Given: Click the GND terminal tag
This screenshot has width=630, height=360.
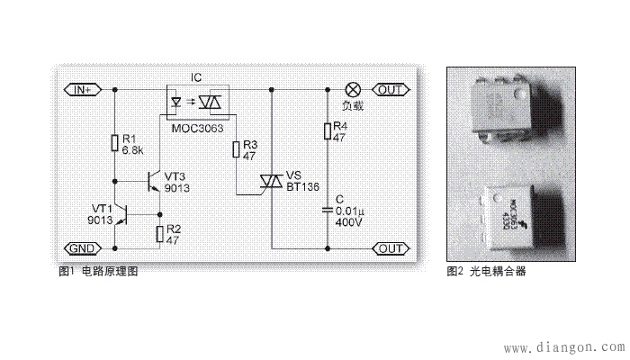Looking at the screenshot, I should pos(83,247).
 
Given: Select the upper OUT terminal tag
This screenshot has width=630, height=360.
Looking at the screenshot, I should pos(390,89).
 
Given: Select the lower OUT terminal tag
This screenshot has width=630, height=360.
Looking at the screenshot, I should pos(390,247).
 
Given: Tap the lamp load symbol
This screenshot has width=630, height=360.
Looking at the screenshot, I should pos(353,89).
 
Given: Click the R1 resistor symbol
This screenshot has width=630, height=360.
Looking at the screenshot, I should pos(115,142).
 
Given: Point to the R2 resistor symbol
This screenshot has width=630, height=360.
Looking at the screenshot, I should pos(160,234).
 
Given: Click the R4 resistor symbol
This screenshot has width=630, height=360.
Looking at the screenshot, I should pos(328,132).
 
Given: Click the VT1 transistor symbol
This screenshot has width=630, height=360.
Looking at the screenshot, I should pos(127,215).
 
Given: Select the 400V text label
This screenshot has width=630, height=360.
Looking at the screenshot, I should pos(346,220).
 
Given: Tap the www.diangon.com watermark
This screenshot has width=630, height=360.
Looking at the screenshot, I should pos(563,345).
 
